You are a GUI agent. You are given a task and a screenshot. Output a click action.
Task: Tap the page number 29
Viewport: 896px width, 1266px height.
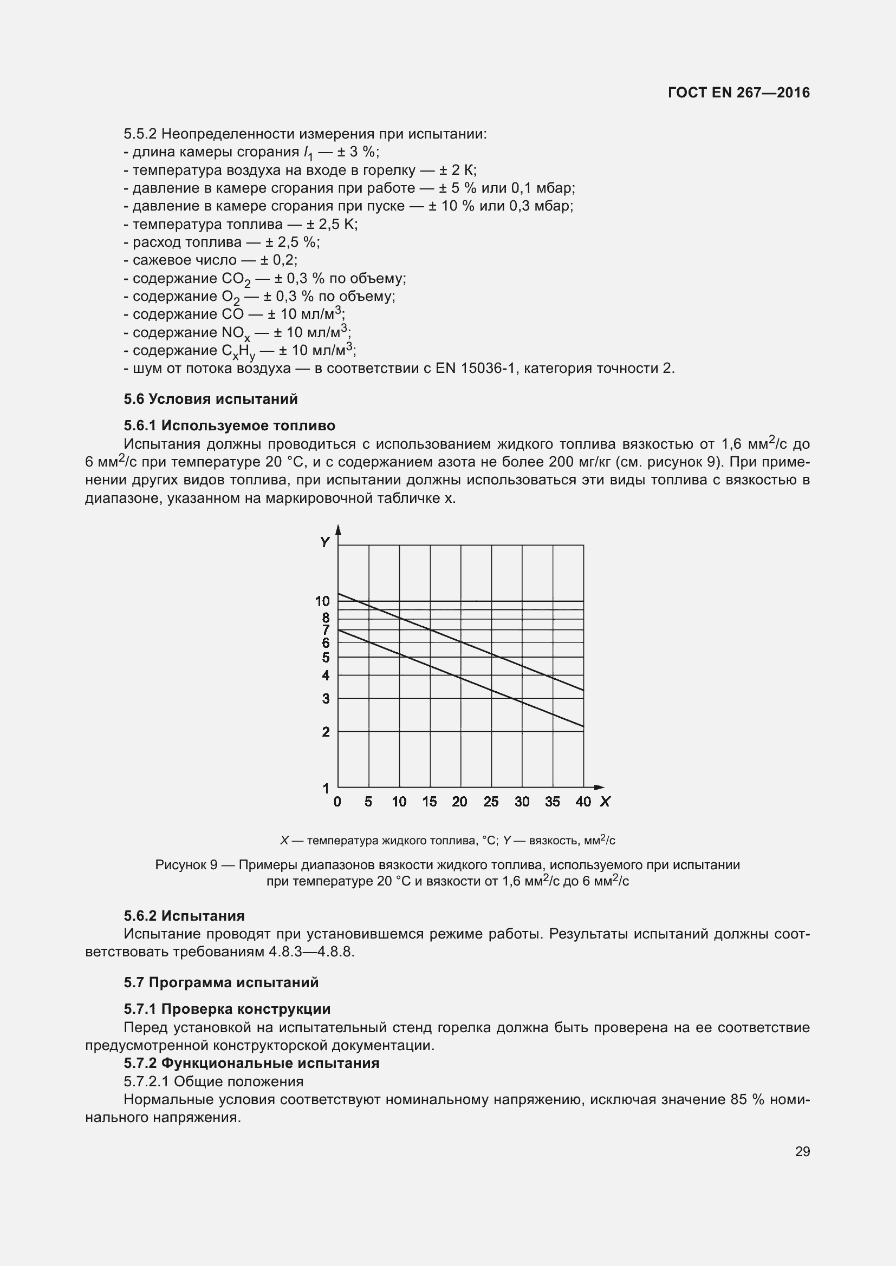click(x=802, y=1151)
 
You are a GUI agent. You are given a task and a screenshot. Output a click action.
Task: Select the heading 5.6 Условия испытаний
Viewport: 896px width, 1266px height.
click(x=210, y=399)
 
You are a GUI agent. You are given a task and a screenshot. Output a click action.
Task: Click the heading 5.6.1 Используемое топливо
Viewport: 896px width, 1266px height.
click(x=229, y=425)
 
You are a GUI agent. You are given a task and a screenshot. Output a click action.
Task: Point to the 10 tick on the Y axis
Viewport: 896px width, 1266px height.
click(x=322, y=601)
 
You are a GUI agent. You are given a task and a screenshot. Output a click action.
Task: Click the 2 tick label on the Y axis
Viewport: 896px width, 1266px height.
click(x=326, y=732)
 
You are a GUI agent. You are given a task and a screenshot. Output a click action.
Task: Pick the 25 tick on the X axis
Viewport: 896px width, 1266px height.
click(x=491, y=802)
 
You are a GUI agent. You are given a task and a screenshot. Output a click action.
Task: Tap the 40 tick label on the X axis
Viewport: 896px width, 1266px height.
click(x=583, y=802)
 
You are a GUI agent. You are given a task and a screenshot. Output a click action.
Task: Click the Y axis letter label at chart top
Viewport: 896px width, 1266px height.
click(x=325, y=542)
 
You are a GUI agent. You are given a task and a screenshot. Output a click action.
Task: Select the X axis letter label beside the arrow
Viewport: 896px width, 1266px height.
click(x=605, y=802)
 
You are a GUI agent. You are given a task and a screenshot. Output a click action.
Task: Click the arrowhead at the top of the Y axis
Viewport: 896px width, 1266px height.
click(x=338, y=529)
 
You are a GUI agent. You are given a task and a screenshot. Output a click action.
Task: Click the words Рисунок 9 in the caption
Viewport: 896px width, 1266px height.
click(x=186, y=864)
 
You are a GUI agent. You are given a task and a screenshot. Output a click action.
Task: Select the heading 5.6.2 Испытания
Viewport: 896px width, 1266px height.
click(x=184, y=916)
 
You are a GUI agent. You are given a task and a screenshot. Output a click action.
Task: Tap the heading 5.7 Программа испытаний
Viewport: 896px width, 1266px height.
click(x=220, y=982)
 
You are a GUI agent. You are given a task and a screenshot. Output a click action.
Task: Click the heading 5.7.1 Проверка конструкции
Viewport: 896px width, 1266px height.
click(x=227, y=1009)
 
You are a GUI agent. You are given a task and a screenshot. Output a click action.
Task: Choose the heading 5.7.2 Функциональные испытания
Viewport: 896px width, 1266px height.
click(x=251, y=1063)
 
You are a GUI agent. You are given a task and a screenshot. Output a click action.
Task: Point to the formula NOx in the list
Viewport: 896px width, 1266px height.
click(x=236, y=333)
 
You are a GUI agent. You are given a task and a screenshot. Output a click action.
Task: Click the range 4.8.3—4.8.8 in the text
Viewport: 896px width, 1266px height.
click(x=310, y=952)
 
